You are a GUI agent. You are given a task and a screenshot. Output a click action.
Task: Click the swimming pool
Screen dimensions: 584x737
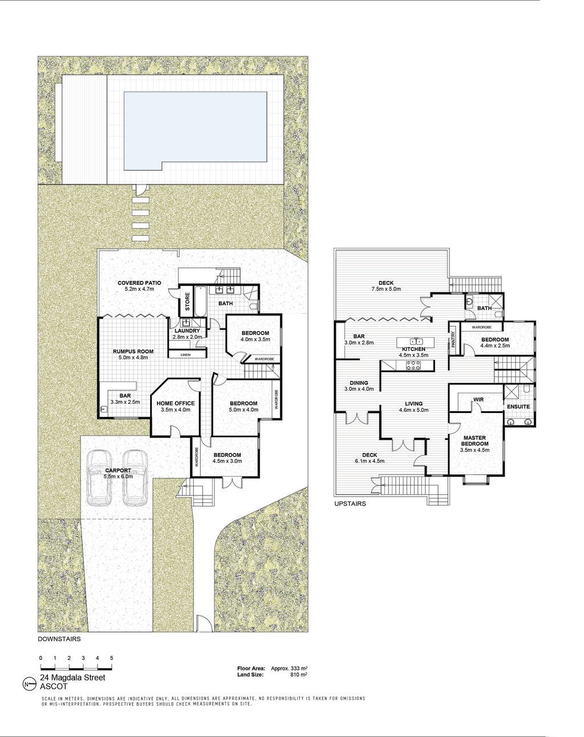click(x=196, y=132)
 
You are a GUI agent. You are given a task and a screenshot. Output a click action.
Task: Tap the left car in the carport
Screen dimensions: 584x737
click(x=99, y=478)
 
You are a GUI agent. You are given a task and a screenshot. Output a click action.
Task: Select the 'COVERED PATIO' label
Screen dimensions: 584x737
click(x=139, y=283)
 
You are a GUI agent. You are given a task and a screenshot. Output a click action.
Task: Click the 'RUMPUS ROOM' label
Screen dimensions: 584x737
click(x=133, y=351)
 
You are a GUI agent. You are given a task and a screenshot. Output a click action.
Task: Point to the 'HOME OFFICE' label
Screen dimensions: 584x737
click(x=176, y=403)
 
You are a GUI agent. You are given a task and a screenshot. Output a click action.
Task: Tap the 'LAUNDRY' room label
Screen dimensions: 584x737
click(x=187, y=331)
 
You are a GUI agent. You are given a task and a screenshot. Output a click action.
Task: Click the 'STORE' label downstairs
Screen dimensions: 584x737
click(x=188, y=302)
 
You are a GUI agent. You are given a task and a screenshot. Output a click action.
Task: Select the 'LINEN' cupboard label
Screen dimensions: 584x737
click(x=186, y=355)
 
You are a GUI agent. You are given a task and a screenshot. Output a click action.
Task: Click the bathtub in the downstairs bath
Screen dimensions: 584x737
click(x=200, y=301)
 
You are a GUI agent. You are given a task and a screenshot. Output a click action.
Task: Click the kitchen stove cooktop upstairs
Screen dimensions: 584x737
click(x=413, y=365)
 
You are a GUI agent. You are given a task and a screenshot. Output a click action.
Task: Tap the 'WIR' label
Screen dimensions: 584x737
click(x=478, y=400)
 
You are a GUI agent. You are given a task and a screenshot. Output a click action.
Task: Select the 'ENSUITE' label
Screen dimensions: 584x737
click(x=518, y=407)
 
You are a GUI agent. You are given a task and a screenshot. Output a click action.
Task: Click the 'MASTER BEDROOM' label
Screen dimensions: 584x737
click(x=475, y=440)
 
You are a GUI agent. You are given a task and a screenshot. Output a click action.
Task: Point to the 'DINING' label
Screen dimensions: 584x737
click(x=359, y=383)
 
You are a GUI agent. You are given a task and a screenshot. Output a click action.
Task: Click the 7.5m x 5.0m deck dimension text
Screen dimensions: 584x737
click(x=386, y=289)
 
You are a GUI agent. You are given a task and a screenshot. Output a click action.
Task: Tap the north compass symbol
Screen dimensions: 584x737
click(x=30, y=685)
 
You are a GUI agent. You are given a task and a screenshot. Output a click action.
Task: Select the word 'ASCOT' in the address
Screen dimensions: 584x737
click(x=54, y=687)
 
